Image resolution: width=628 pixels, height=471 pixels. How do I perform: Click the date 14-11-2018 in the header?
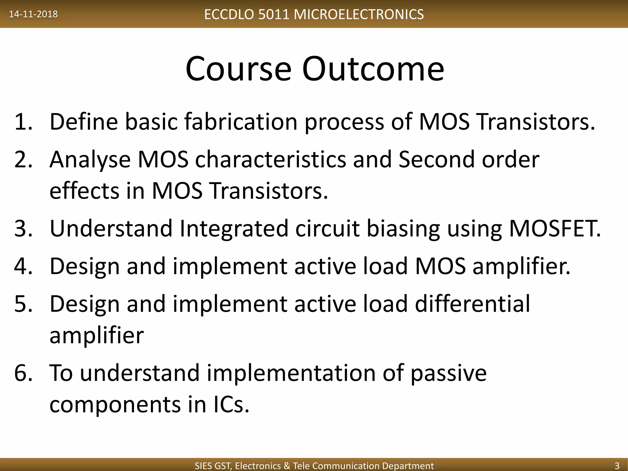(x=33, y=14)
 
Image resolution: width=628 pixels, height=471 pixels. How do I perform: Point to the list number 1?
(x=23, y=122)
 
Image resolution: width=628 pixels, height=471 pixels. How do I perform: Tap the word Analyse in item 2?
(x=90, y=159)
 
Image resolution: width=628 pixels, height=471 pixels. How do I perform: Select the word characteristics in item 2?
(x=270, y=159)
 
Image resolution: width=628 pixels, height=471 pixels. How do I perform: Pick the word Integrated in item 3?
(x=234, y=228)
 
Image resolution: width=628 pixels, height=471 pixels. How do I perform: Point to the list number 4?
(x=23, y=266)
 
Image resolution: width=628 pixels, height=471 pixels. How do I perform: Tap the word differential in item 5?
(x=472, y=304)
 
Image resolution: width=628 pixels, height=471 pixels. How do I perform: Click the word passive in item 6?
(x=448, y=373)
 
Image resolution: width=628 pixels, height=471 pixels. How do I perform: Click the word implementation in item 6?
(x=291, y=373)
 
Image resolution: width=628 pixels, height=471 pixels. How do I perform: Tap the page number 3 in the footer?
(x=617, y=465)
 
